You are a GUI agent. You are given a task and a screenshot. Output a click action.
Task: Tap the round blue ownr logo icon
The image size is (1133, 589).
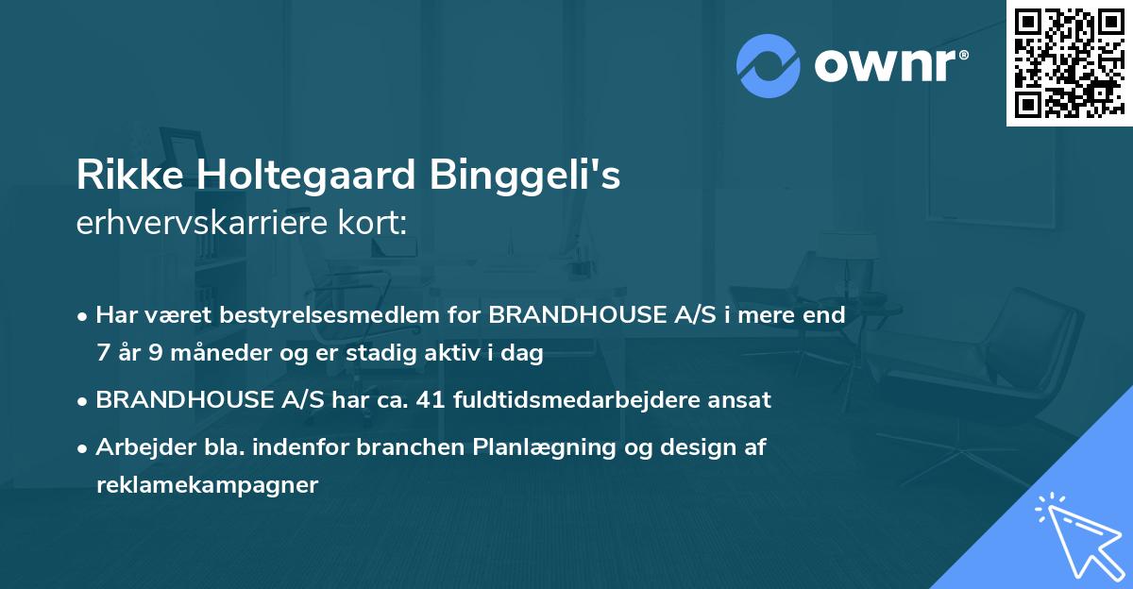(769, 66)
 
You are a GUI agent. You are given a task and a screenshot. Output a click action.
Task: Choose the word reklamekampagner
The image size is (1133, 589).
(208, 485)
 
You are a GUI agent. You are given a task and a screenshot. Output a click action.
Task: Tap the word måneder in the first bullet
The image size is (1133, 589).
(208, 353)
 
